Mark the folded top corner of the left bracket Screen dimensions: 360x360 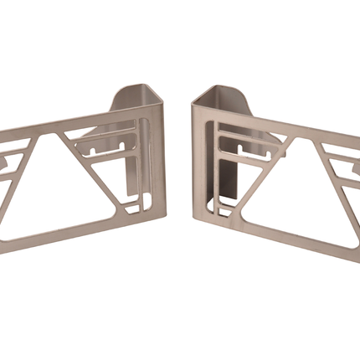[157, 111]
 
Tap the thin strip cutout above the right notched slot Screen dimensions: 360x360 [251, 134]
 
